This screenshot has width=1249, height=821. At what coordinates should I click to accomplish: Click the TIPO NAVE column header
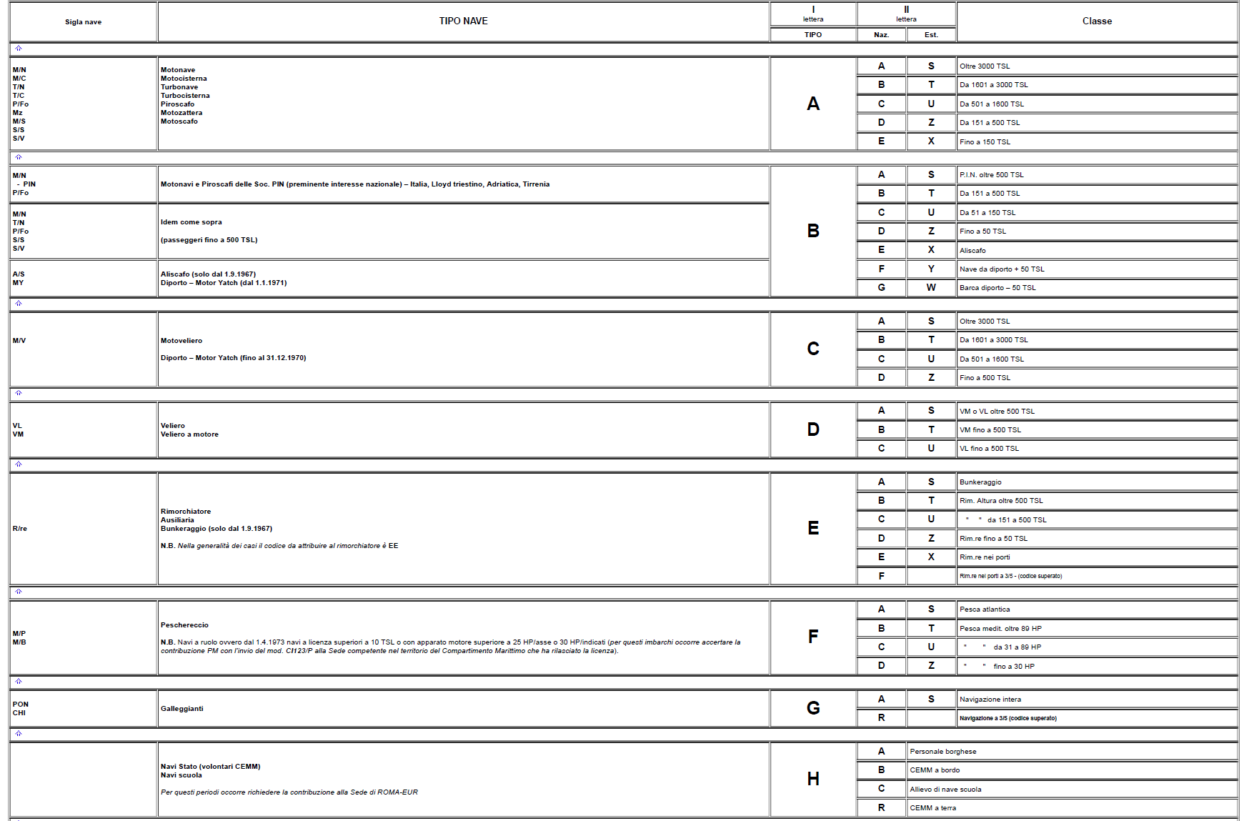463,21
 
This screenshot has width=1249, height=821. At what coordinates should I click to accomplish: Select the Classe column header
1096,21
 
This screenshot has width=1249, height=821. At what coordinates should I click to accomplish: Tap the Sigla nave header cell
83,22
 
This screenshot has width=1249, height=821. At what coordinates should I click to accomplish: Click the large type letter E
812,528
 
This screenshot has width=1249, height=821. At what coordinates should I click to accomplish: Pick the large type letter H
812,779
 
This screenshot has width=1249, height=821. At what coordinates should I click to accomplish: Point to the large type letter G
812,708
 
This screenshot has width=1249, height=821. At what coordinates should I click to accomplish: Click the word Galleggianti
181,709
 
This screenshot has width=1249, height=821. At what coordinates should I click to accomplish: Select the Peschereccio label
184,625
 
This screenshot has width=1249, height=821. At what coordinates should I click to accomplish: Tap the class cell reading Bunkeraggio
980,482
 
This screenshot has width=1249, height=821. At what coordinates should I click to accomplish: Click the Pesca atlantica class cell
985,609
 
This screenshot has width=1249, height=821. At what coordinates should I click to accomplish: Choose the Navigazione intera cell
990,700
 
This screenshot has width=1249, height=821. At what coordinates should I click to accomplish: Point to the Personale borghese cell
942,752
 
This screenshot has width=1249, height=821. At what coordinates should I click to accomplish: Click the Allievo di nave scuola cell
945,790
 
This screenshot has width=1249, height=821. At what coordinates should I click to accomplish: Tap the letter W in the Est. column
930,288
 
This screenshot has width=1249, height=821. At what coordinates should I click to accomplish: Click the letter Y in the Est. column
930,269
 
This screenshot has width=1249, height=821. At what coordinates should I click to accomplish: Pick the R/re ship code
19,529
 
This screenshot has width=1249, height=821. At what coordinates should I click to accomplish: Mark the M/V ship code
19,341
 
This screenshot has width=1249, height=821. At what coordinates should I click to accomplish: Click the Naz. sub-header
881,35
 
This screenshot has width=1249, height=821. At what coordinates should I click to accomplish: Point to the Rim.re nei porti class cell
985,557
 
